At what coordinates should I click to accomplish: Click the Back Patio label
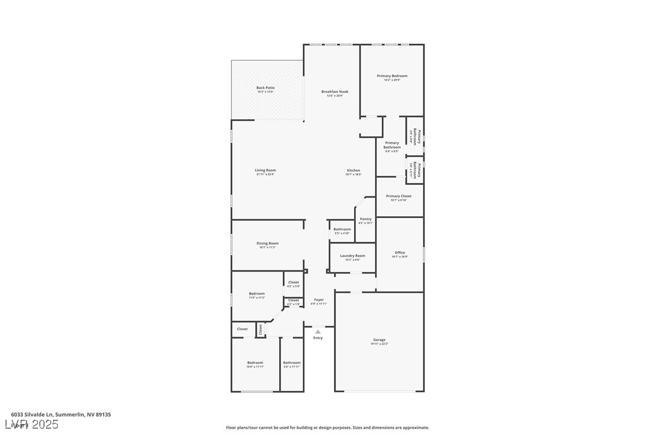point(265,88)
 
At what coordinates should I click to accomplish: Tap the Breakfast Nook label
point(335,92)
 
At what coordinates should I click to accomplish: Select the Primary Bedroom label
point(392,76)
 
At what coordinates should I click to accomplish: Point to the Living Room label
point(265,170)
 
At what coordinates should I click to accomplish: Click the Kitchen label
point(353,170)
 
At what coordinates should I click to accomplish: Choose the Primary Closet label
point(399,196)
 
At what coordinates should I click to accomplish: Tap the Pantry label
point(365,219)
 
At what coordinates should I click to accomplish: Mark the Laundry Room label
point(352,256)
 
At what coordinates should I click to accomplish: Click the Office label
point(400,253)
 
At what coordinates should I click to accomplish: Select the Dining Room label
point(268,243)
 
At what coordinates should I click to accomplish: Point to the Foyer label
point(319,300)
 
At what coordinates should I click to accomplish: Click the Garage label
point(379,340)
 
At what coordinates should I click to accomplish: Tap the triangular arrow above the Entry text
point(318,331)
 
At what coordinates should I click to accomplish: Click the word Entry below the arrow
point(318,338)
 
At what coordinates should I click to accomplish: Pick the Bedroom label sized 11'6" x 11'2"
point(257,294)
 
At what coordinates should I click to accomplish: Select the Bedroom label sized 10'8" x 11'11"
point(255,363)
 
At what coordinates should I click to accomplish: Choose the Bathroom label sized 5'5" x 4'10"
point(342,229)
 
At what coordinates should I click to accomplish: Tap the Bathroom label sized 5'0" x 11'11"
point(292,363)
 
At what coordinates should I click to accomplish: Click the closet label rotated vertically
point(261,329)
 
